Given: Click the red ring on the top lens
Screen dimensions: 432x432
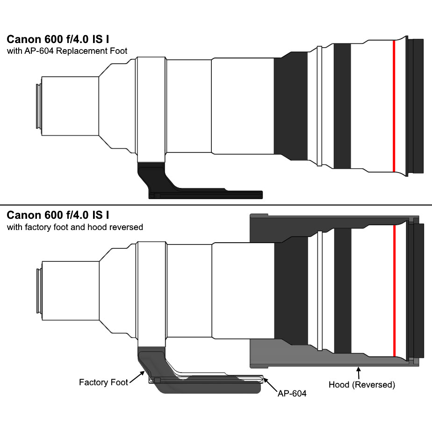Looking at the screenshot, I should [394, 107].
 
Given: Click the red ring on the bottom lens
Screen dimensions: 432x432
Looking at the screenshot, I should [394, 290].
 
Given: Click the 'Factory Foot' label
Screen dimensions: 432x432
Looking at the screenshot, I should [103, 382].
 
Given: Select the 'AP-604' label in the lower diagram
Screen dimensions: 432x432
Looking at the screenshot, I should [292, 394].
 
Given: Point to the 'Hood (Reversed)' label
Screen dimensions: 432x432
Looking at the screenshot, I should [361, 385].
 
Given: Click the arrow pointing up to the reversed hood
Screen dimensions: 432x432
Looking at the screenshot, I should [359, 372].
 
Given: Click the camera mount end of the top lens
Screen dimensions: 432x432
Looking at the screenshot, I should [38, 106].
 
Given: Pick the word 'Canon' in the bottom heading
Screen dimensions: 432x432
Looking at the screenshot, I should [22, 216].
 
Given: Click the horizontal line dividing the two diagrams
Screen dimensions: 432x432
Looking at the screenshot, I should [216, 205].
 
